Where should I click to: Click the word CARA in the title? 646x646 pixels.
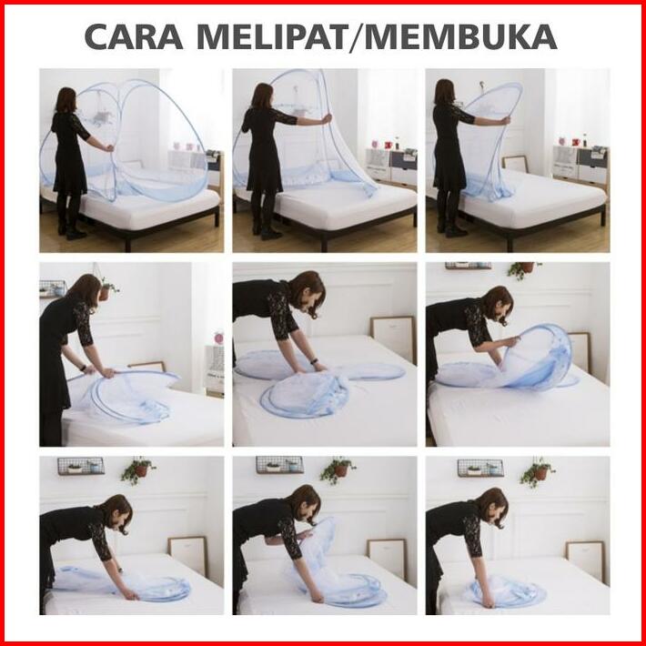click(134, 37)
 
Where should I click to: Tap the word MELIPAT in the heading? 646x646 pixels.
click(273, 37)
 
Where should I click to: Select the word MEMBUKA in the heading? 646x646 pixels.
click(460, 37)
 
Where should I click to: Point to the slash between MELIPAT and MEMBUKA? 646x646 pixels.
click(357, 38)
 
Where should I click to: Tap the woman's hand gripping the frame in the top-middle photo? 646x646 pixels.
click(327, 119)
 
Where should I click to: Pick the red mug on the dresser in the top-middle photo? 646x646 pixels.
click(388, 145)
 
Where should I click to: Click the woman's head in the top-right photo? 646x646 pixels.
click(444, 92)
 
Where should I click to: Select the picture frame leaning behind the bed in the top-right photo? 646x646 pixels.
click(515, 164)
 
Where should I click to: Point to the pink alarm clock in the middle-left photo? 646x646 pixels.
click(218, 338)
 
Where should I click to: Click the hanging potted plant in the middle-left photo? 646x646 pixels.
click(107, 288)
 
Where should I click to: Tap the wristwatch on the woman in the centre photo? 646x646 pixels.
click(315, 361)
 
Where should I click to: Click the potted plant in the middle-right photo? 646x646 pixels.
click(523, 269)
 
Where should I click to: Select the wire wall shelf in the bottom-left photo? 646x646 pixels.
click(81, 466)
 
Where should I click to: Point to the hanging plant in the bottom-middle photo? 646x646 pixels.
click(337, 469)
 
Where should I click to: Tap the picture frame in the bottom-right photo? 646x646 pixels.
click(585, 561)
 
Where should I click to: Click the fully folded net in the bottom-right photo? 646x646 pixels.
click(508, 592)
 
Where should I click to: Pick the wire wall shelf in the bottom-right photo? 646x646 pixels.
click(480, 468)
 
